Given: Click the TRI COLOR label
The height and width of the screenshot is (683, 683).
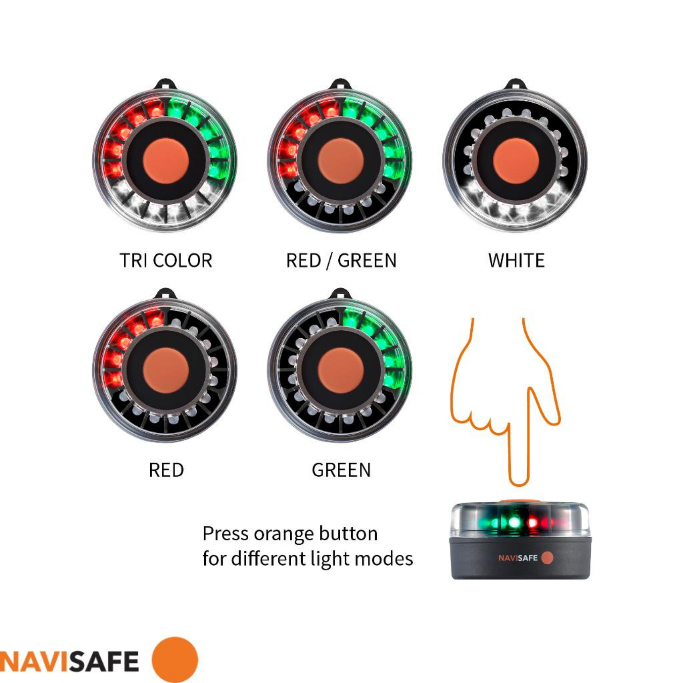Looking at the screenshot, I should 166,261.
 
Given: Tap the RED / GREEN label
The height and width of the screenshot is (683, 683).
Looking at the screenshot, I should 341,261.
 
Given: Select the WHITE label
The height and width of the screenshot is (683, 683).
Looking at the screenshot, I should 516,261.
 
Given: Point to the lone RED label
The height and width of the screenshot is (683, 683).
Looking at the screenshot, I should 166,470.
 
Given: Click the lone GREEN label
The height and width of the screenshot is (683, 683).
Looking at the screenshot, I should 341,470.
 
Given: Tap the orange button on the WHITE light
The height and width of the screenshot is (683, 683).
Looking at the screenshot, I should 516,161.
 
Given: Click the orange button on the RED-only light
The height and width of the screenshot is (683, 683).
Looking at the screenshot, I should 166,370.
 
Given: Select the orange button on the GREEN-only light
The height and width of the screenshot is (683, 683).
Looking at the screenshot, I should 341,370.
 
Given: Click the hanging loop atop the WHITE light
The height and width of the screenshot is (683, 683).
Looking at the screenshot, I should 516,85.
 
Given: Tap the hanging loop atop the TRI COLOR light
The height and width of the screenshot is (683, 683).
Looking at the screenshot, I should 166,85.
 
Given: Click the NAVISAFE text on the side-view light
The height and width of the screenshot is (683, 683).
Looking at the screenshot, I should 518,558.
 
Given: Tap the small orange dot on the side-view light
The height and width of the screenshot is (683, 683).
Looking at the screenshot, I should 547,558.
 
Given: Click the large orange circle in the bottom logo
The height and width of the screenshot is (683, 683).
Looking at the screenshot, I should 175,660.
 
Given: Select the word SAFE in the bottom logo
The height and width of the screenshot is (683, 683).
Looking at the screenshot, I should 104,661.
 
